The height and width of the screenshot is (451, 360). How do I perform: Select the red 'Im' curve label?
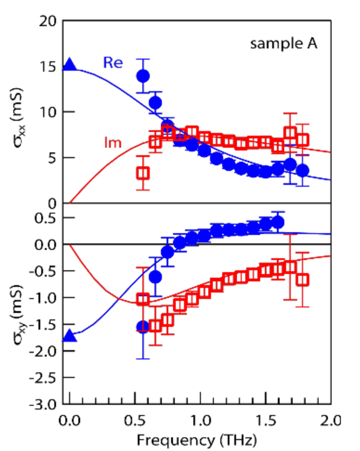[x=106, y=143]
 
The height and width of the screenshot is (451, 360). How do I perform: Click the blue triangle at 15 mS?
[x=70, y=65]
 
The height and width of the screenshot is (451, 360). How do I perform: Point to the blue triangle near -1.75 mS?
[x=70, y=336]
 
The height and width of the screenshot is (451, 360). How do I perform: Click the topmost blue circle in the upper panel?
[x=143, y=75]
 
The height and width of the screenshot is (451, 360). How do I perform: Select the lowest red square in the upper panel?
[x=143, y=173]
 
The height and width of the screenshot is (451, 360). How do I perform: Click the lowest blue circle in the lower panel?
[x=143, y=327]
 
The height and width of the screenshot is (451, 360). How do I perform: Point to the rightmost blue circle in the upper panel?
[x=302, y=170]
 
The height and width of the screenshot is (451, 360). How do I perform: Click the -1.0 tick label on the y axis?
[x=47, y=298]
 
